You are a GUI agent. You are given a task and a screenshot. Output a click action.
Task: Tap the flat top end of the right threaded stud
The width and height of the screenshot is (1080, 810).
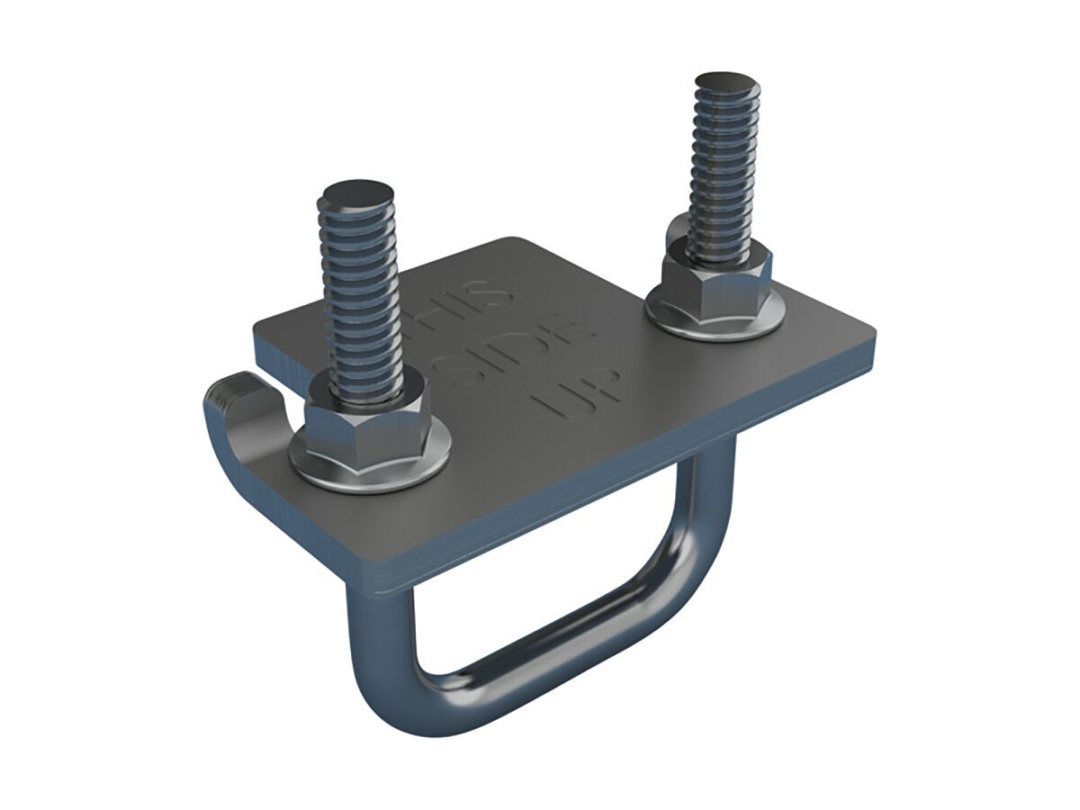[x=726, y=86]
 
